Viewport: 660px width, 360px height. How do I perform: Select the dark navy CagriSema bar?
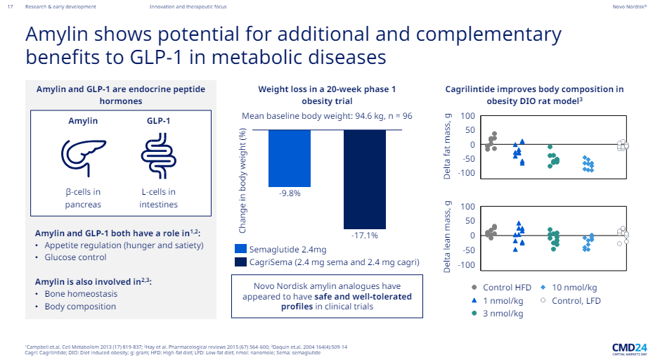point(365,179)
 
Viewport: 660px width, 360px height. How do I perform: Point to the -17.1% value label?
point(365,236)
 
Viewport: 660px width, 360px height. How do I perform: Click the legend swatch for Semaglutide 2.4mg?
point(240,249)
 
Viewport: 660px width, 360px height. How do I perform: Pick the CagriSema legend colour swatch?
point(240,262)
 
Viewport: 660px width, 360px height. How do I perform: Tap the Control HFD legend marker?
point(475,288)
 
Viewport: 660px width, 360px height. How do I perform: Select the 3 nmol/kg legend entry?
point(500,314)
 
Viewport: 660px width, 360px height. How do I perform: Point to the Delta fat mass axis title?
point(447,145)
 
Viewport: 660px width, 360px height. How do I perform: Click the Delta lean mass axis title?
point(447,236)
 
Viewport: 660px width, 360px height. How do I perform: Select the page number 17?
point(10,6)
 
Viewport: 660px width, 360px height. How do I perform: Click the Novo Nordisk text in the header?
point(628,6)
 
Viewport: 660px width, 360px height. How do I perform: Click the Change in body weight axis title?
point(242,180)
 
